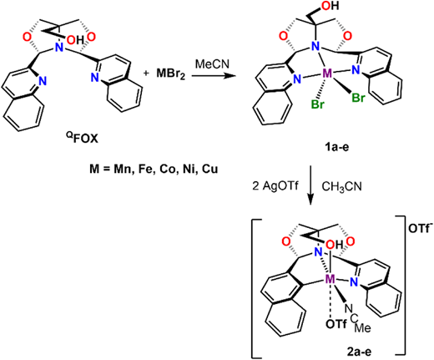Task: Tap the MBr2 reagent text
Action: point(171,74)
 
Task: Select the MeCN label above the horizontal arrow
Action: point(212,64)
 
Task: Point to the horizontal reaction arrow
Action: point(213,75)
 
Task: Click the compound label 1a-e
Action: point(336,147)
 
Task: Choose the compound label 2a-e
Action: point(359,352)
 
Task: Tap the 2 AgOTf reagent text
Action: point(275,186)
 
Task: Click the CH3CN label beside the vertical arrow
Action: point(341,187)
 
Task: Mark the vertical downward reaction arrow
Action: point(310,186)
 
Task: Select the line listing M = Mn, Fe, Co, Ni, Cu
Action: point(154,169)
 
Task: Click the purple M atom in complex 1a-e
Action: point(327,74)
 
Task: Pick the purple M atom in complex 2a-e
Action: point(331,279)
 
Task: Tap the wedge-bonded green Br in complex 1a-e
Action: point(357,98)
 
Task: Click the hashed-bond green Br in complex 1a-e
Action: point(317,104)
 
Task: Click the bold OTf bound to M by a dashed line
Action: point(336,325)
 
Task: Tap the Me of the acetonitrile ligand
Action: point(363,327)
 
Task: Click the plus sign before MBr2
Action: point(146,74)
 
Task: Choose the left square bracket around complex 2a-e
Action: point(254,286)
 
